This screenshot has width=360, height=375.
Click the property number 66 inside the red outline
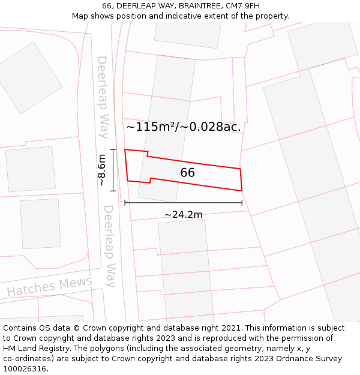pyautogui.click(x=187, y=173)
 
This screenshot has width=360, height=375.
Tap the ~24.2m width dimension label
pyautogui.click(x=183, y=215)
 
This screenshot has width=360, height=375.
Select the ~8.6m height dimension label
pyautogui.click(x=102, y=170)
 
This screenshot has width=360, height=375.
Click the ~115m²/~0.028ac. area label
pyautogui.click(x=183, y=127)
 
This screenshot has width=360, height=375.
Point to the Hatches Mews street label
pyautogui.click(x=50, y=286)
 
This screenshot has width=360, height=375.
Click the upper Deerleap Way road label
pyautogui.click(x=103, y=97)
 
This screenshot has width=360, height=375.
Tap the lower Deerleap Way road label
pyautogui.click(x=109, y=246)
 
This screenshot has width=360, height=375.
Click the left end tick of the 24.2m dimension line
pyautogui.click(x=125, y=203)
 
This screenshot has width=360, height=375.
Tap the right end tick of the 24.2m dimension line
pyautogui.click(x=242, y=203)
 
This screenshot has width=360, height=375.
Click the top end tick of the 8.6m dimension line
pyautogui.click(x=113, y=149)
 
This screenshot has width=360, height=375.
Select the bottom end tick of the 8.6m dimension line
pyautogui.click(x=113, y=191)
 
